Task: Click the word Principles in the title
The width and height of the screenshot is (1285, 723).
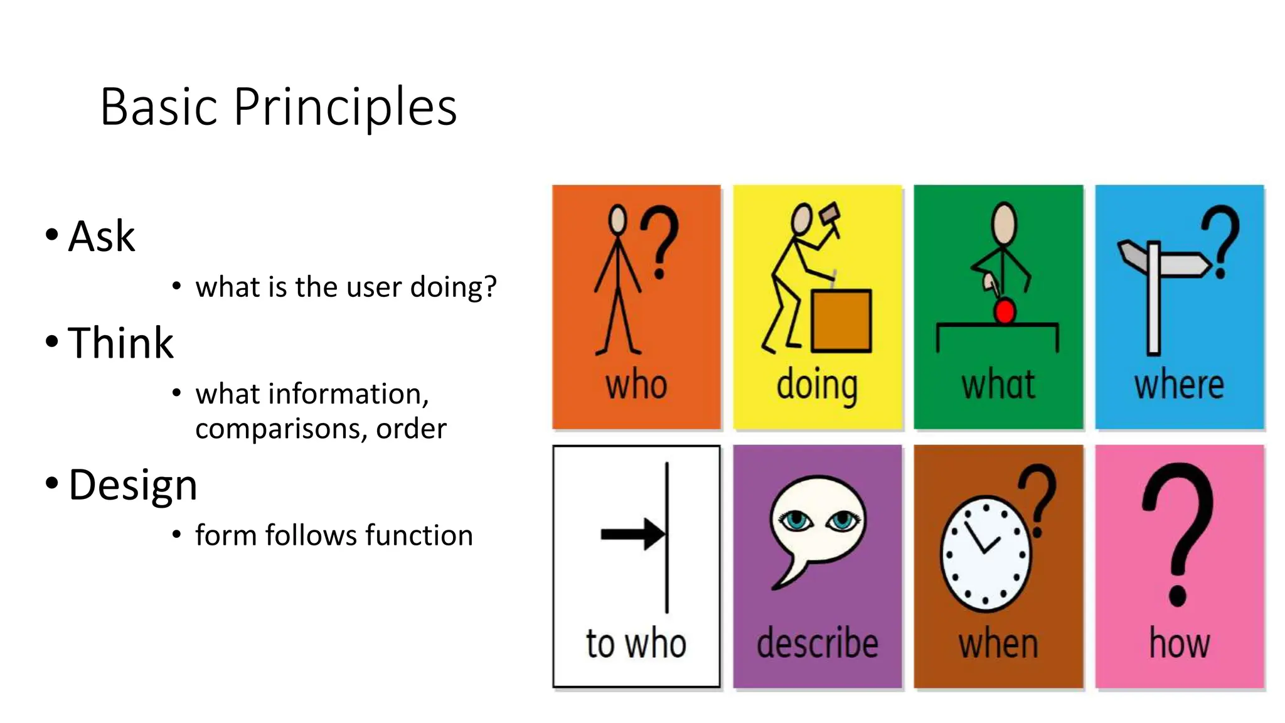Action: tap(345, 108)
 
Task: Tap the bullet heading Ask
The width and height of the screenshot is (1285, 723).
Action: tap(101, 237)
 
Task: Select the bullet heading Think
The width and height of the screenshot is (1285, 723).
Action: tap(120, 343)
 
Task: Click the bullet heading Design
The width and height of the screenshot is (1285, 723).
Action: tap(132, 485)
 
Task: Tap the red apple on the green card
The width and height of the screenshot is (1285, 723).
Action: tap(1005, 311)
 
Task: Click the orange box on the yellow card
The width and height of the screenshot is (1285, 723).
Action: tap(841, 321)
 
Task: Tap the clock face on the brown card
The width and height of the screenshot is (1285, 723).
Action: tap(986, 554)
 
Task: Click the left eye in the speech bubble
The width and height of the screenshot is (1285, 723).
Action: tap(796, 520)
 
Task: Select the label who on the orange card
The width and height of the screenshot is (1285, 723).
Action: tap(636, 385)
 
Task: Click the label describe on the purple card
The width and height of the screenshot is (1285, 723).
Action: tap(817, 643)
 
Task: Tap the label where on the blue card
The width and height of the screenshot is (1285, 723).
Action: tap(1179, 385)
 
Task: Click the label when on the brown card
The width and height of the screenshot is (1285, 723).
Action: tap(998, 644)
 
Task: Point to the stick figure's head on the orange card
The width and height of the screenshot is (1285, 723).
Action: tap(618, 220)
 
